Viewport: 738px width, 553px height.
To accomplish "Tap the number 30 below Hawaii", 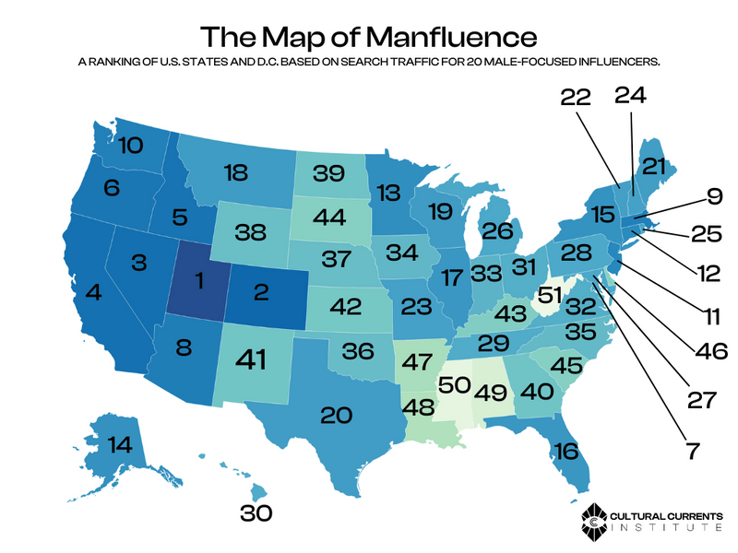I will pyautogui.click(x=259, y=513).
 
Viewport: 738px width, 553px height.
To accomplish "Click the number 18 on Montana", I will pyautogui.click(x=236, y=171).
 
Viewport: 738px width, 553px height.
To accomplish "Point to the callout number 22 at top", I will pyautogui.click(x=579, y=97).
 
